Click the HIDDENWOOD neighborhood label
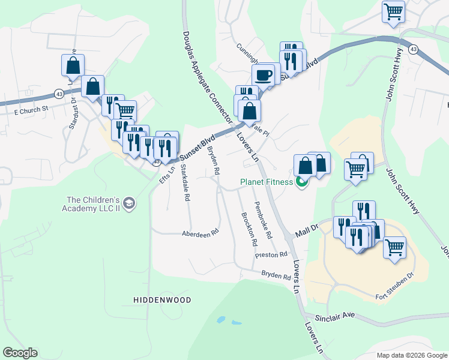(162, 299)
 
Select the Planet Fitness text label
(267, 182)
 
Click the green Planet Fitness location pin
(302, 182)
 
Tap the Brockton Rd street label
(249, 229)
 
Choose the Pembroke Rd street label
(262, 219)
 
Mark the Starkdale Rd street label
(185, 184)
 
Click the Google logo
(20, 353)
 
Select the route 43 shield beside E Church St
(58, 94)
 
